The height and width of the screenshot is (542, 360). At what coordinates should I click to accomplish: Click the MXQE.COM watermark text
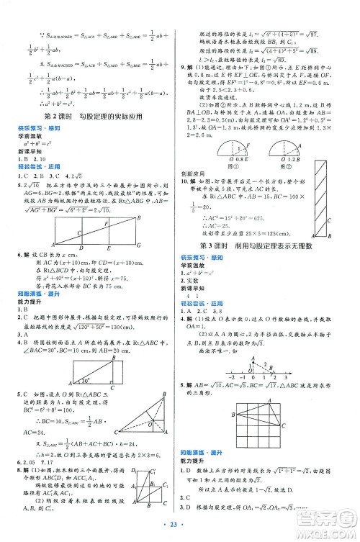coord(330,528)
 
